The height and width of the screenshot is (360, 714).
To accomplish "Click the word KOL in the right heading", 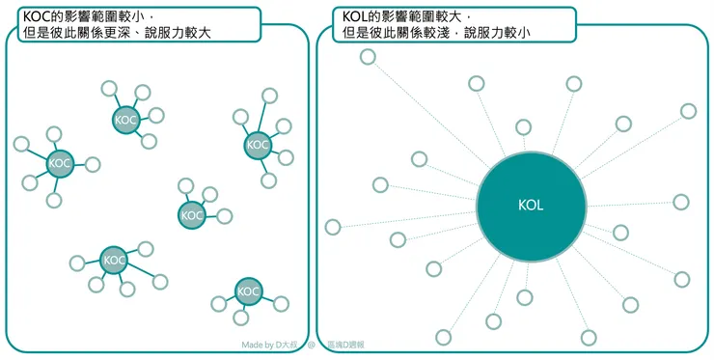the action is tap(356, 16).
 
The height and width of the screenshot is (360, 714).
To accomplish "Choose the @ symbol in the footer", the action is tap(312, 345).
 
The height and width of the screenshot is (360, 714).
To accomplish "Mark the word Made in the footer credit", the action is tap(252, 345).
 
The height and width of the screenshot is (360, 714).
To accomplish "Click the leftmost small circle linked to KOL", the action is tap(333, 228).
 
